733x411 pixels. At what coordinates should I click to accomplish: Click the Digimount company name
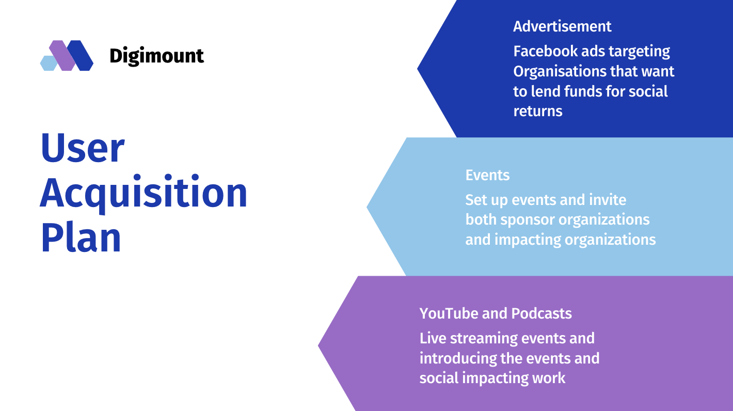pos(156,56)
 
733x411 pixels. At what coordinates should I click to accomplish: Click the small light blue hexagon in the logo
pos(48,63)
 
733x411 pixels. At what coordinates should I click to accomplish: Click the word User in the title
pos(82,148)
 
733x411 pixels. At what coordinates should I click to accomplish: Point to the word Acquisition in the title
pos(144,193)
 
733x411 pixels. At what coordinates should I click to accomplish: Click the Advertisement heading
pos(562,26)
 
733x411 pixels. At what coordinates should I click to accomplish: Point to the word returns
pos(538,112)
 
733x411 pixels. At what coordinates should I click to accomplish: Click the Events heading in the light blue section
pos(487,176)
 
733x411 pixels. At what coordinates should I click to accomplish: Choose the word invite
pos(608,200)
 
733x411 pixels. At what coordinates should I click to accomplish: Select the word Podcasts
pos(541,313)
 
